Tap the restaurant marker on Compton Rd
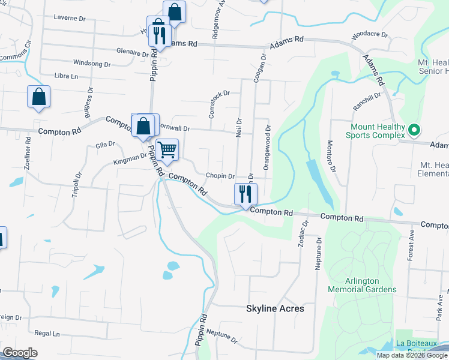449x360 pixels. point(245,194)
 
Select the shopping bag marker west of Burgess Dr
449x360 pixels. point(38,97)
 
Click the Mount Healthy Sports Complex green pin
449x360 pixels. point(414,130)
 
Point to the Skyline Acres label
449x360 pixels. point(275,308)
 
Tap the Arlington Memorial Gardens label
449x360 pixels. point(362,285)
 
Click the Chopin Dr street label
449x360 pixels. point(220,176)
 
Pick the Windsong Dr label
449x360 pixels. point(92,62)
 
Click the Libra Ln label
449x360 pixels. point(67,76)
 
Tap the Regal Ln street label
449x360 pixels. point(47,333)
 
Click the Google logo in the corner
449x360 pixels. point(20,353)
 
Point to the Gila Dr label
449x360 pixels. point(105,145)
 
